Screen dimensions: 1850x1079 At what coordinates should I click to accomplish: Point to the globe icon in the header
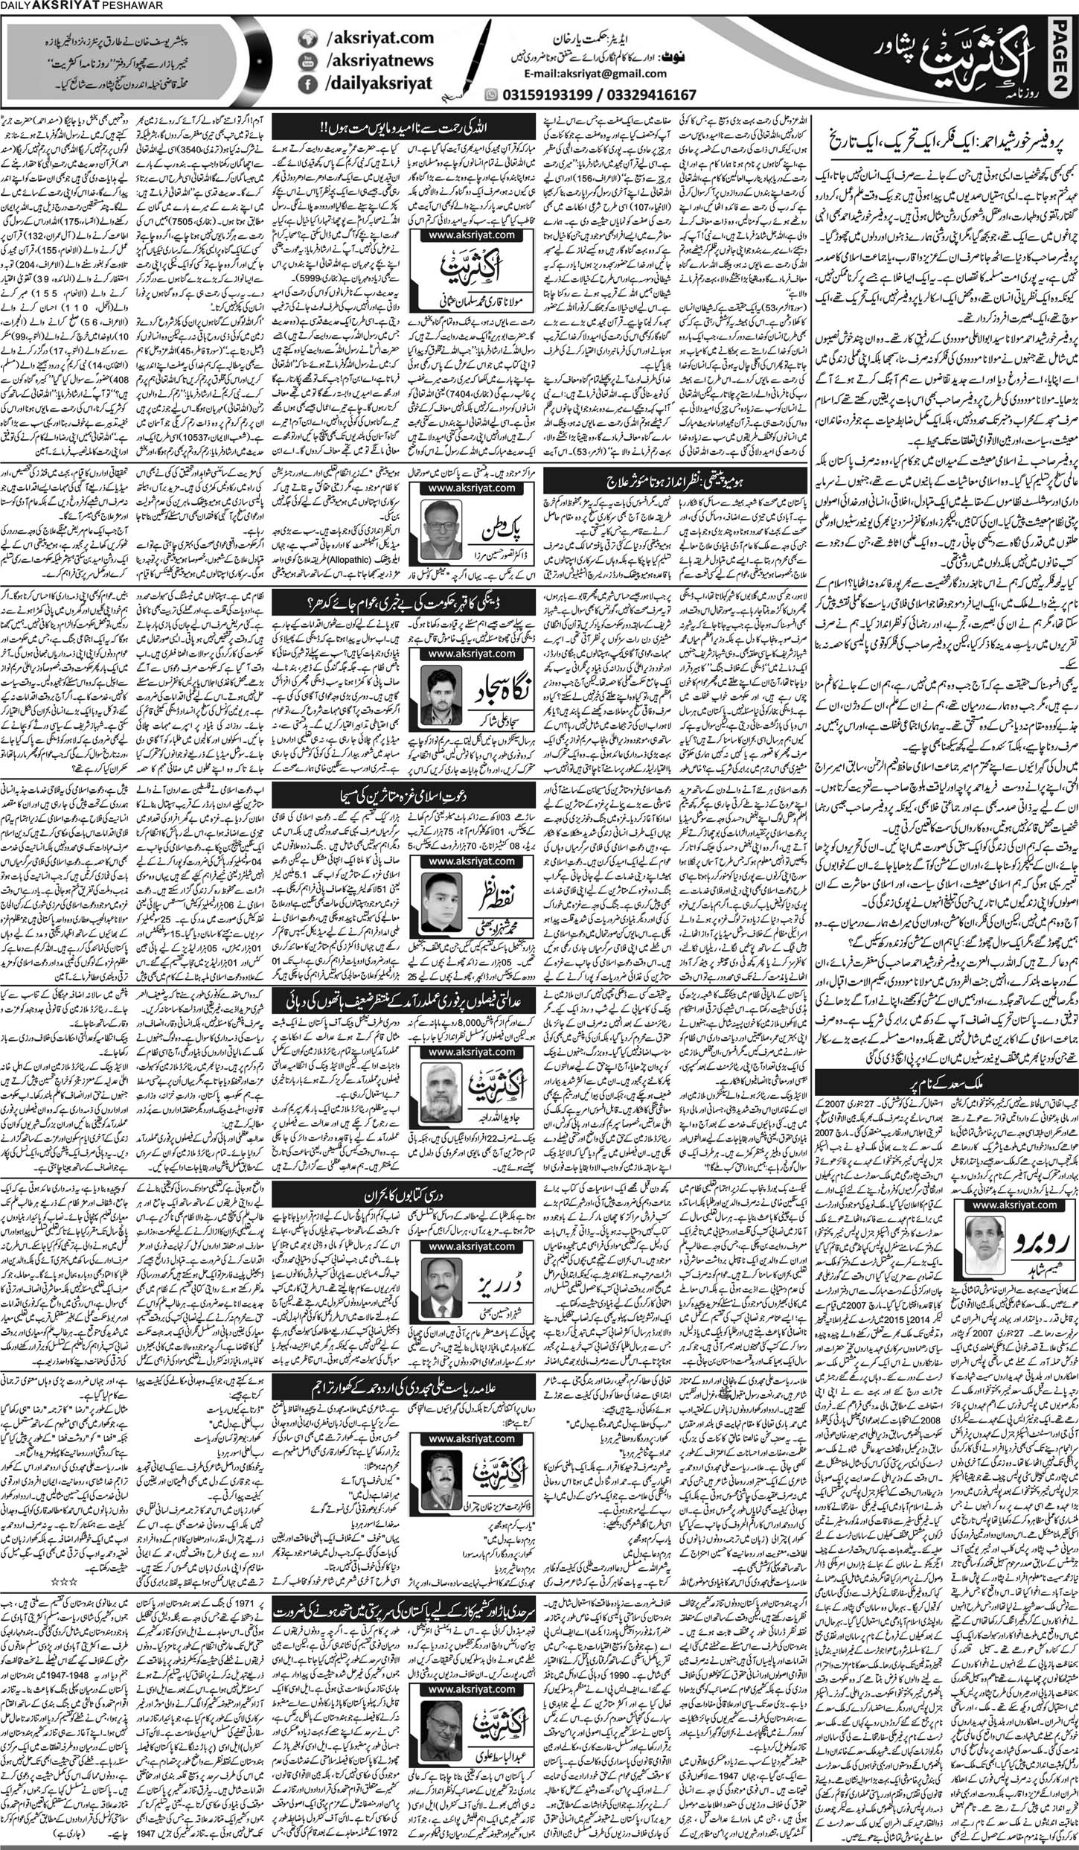tap(306, 37)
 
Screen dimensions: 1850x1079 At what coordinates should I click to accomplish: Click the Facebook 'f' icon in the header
tap(306, 86)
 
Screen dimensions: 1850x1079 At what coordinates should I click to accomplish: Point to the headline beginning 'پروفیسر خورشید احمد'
tap(945, 139)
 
